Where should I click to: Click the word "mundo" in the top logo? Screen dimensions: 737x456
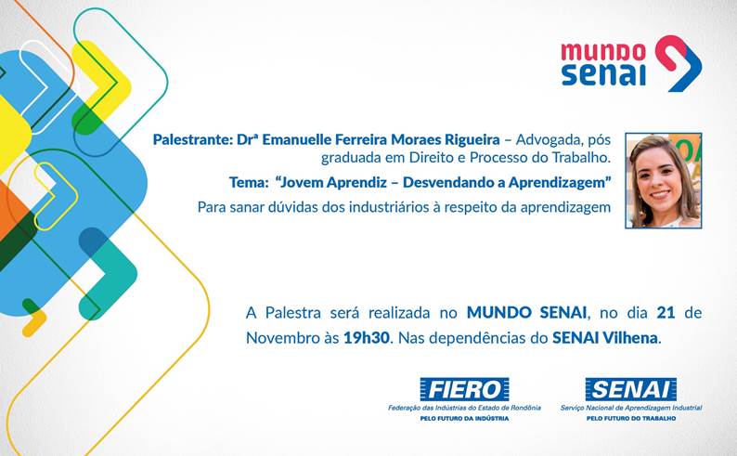603,52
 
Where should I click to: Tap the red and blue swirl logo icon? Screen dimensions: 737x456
679,63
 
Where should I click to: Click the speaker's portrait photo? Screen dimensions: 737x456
663,180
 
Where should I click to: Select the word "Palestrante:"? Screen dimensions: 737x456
192,139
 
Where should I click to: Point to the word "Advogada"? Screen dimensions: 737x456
545,139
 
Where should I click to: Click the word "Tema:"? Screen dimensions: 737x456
249,182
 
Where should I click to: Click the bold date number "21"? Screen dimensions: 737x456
666,313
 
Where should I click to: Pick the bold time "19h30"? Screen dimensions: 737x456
367,337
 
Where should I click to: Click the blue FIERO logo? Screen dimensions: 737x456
464,389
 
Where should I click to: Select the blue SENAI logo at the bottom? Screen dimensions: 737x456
631,389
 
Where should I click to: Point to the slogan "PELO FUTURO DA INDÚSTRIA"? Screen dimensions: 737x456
464,419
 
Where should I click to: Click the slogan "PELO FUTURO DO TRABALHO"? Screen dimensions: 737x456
631,419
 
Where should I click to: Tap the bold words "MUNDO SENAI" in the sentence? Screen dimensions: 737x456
526,313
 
